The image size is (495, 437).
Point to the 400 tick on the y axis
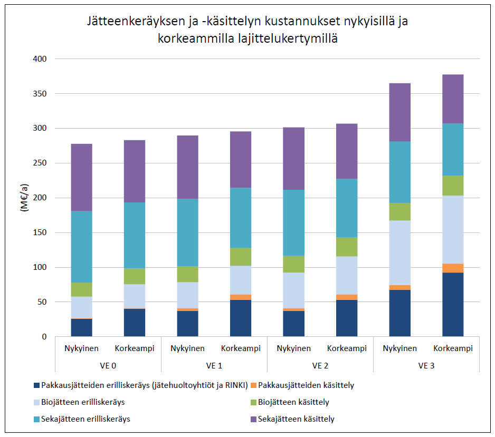(x=41, y=59)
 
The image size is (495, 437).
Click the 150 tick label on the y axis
(x=41, y=232)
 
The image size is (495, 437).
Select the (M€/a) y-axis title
(x=24, y=198)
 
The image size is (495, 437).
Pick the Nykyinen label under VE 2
(x=293, y=348)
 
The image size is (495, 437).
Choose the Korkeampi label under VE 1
(x=240, y=348)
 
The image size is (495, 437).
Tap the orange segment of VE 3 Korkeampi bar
(x=453, y=268)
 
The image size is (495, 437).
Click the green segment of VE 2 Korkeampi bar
(x=347, y=247)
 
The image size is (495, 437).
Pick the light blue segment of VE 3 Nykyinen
(x=399, y=253)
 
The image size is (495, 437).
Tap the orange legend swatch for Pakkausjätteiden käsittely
(x=254, y=385)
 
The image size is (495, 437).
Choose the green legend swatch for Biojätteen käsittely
(x=254, y=402)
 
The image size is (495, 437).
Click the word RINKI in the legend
(x=234, y=385)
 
